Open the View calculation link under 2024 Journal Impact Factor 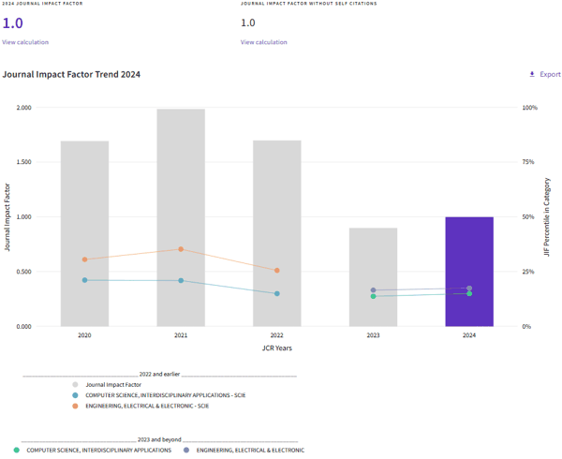25,42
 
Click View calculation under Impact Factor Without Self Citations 263,42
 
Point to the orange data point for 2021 181,249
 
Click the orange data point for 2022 276,271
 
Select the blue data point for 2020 84,280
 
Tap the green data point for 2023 373,296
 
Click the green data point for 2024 469,293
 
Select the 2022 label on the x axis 276,335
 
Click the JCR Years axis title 276,348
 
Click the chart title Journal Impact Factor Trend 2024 72,74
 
